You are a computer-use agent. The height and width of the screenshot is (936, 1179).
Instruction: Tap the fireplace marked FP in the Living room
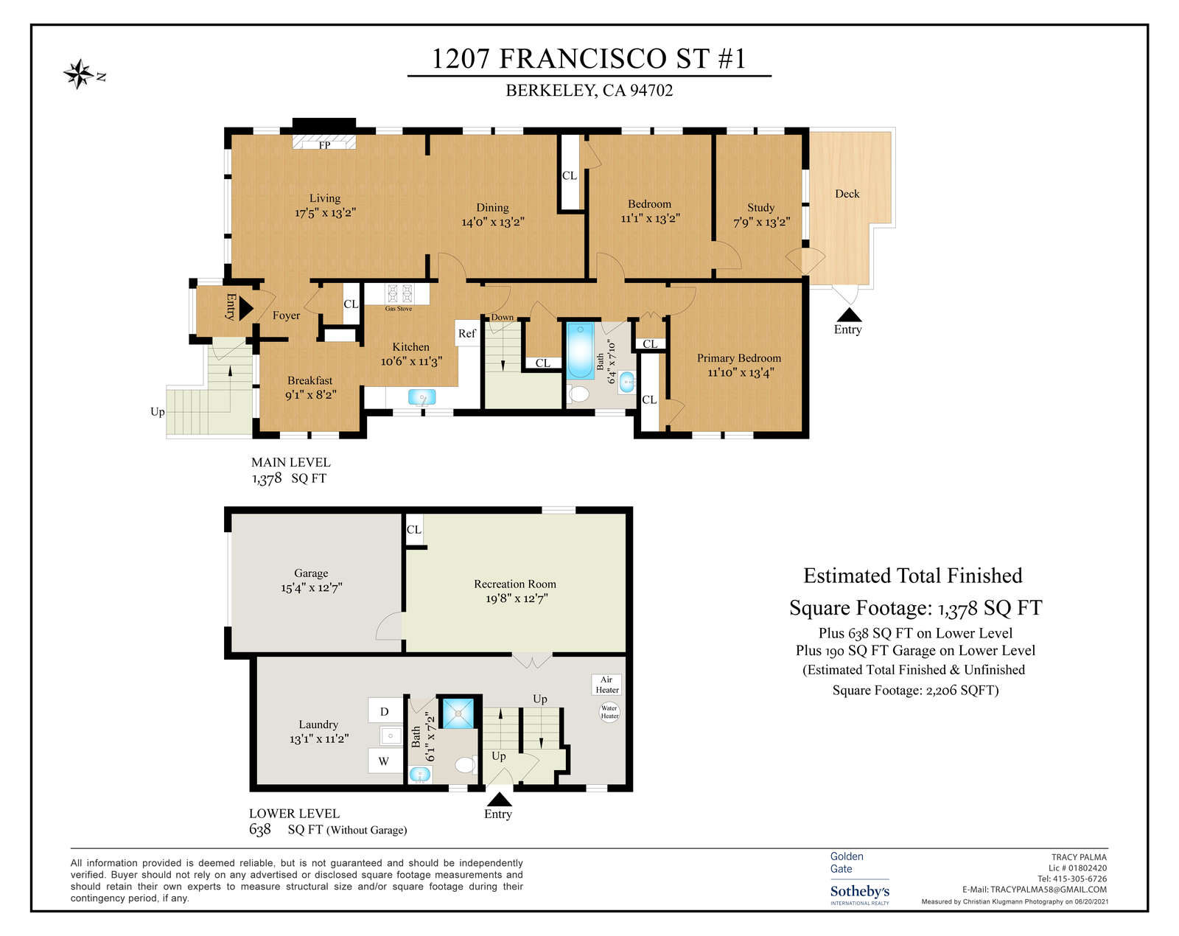click(323, 142)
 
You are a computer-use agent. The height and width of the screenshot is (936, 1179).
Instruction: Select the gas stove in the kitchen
click(400, 294)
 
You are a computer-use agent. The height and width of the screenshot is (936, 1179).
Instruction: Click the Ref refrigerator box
click(466, 332)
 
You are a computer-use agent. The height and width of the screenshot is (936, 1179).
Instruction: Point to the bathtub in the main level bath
click(580, 351)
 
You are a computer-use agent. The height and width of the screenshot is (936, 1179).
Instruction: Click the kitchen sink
click(421, 397)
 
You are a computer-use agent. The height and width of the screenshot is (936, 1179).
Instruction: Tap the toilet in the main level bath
click(578, 393)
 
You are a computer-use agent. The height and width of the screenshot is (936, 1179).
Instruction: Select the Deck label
click(847, 193)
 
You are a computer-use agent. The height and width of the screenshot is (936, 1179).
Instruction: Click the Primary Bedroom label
click(738, 358)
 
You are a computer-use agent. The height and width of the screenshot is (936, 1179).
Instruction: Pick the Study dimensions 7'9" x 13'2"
click(761, 222)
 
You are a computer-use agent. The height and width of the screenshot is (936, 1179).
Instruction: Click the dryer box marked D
click(385, 711)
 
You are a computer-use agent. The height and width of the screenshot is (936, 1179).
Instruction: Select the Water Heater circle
click(609, 712)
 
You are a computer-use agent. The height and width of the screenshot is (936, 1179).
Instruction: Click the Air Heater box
click(606, 685)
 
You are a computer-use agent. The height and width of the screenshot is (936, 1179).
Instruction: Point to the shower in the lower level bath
click(458, 713)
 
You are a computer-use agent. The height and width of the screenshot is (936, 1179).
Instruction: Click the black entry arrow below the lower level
click(499, 799)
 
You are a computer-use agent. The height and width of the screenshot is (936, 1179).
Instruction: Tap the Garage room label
click(311, 573)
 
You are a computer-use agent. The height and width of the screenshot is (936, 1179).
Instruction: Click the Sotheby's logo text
click(860, 891)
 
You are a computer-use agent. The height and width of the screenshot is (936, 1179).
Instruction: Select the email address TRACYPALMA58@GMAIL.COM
click(1048, 890)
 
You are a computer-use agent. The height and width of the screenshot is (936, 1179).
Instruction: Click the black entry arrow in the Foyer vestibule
click(246, 309)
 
